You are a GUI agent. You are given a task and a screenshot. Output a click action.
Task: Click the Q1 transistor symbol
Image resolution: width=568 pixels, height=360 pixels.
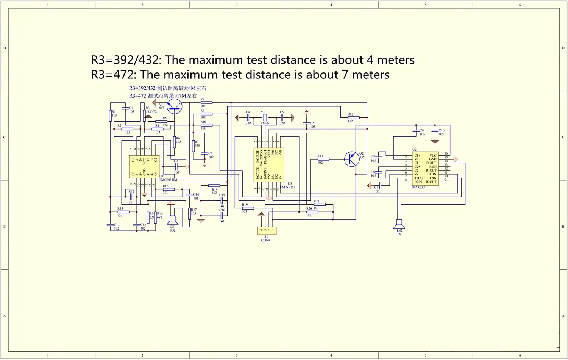click(x=174, y=106)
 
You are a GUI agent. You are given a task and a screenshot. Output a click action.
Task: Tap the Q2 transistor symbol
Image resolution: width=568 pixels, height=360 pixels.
click(x=352, y=159)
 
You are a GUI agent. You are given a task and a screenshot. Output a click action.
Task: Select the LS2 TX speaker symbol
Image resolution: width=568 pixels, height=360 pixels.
click(x=399, y=224)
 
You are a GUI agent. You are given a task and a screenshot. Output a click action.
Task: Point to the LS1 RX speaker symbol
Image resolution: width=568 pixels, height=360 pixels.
click(x=173, y=220)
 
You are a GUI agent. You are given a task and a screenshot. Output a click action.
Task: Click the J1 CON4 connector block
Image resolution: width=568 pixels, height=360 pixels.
click(x=267, y=230)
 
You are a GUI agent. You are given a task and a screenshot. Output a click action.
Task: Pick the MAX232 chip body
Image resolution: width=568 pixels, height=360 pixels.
click(x=425, y=169)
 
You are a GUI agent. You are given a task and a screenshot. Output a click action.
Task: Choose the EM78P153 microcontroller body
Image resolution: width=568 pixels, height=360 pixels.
click(x=268, y=165)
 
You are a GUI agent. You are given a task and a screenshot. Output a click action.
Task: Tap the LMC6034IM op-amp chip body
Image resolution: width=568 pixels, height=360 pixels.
click(x=144, y=166)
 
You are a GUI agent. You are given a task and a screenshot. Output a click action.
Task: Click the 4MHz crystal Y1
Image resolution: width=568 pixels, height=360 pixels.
click(x=265, y=118)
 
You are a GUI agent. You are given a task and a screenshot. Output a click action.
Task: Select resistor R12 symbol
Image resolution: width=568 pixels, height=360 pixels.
click(x=353, y=118)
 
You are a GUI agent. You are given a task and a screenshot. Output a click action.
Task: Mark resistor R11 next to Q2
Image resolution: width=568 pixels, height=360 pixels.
click(x=323, y=159)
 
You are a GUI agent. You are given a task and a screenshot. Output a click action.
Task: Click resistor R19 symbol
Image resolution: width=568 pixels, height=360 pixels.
click(x=248, y=208)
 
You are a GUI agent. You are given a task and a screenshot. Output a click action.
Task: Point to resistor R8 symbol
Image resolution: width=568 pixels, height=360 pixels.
click(x=206, y=103)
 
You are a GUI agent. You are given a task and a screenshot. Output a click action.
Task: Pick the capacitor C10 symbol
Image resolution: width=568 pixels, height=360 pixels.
click(x=435, y=131)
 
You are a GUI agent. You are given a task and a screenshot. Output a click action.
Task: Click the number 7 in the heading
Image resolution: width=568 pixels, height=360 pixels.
click(x=345, y=75)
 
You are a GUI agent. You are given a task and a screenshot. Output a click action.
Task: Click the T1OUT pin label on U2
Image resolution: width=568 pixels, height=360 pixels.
click(x=431, y=163)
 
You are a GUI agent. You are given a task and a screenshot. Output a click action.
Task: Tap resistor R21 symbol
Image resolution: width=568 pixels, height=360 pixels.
click(x=320, y=205)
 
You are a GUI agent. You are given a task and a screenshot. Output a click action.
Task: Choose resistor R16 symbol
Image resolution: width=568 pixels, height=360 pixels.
click(x=169, y=189)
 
